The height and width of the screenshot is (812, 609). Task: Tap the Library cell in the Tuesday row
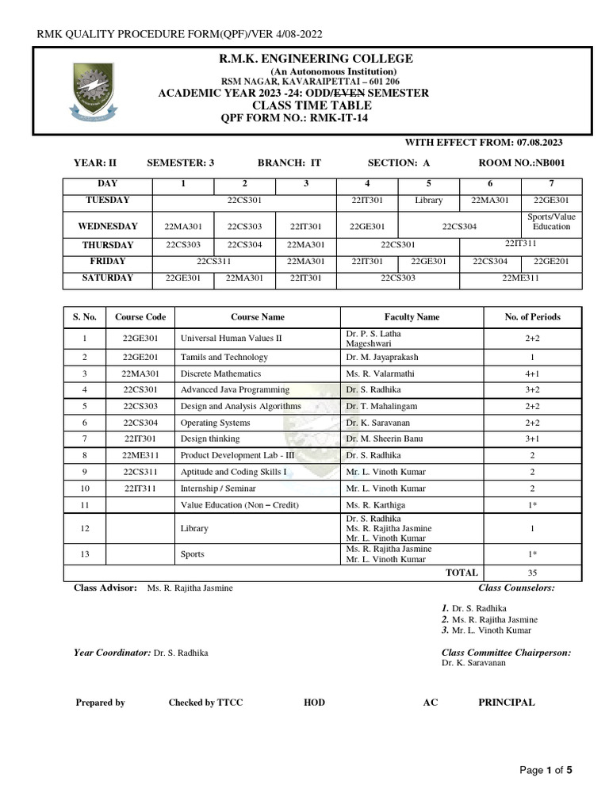[428, 201]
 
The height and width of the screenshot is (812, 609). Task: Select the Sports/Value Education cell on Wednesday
[551, 222]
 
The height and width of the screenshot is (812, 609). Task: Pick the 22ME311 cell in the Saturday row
[521, 278]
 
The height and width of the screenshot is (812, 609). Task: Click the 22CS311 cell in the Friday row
[214, 261]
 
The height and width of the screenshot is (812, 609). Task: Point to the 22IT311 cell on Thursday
[521, 243]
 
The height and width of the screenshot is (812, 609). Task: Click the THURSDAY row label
[107, 245]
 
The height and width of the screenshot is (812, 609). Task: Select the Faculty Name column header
[412, 317]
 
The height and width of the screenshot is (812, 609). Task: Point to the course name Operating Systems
[215, 423]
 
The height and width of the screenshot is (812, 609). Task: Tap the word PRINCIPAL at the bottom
[506, 703]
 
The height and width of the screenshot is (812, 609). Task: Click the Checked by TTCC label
[205, 703]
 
